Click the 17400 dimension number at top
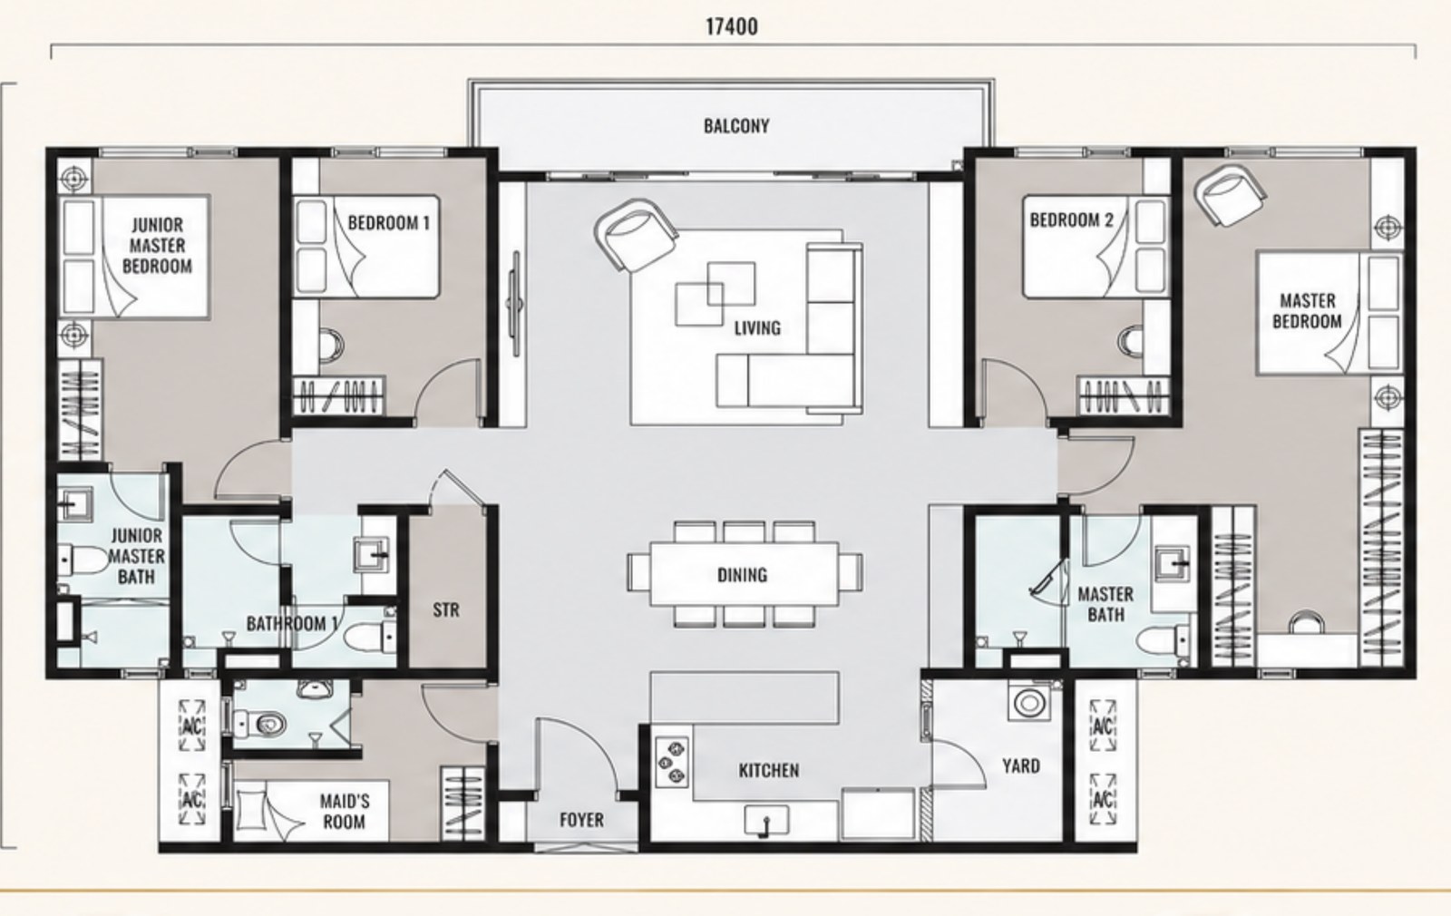click(731, 26)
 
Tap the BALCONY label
click(736, 126)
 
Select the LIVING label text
click(757, 327)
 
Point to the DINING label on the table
click(743, 575)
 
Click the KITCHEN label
click(769, 770)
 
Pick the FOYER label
click(581, 820)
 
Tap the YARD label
click(1021, 765)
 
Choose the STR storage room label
click(445, 609)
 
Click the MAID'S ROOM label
click(345, 811)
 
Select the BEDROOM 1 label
click(389, 223)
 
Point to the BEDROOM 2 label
click(1071, 220)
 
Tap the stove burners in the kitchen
click(672, 763)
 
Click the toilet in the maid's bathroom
click(260, 722)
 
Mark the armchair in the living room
click(635, 235)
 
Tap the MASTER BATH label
click(1105, 604)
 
